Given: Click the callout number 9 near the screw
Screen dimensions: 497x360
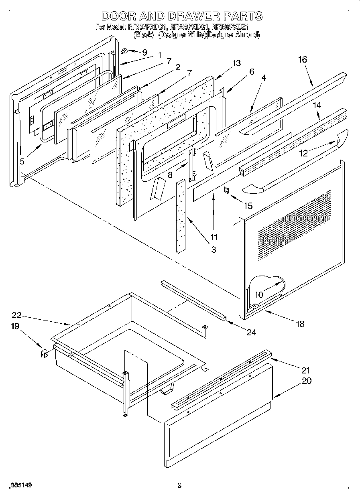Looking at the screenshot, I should pyautogui.click(x=144, y=53).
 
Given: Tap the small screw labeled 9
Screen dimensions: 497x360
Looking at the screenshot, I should pyautogui.click(x=125, y=51).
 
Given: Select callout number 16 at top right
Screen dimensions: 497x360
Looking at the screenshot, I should pyautogui.click(x=302, y=59).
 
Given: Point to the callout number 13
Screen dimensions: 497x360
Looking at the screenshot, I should pyautogui.click(x=236, y=63).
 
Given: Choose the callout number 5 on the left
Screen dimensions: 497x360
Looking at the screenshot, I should pyautogui.click(x=22, y=161).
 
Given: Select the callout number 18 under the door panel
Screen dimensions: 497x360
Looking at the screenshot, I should pyautogui.click(x=300, y=324).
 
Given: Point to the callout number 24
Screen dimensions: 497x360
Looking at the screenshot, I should pyautogui.click(x=251, y=332).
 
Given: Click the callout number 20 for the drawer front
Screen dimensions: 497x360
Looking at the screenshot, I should pyautogui.click(x=306, y=381).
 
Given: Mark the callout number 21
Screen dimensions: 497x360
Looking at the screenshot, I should pyautogui.click(x=306, y=370).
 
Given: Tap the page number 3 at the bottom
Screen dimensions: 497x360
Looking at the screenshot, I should pyautogui.click(x=179, y=486).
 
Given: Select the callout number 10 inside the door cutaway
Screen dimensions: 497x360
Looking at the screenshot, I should pyautogui.click(x=258, y=295).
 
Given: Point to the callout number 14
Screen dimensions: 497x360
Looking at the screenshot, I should pyautogui.click(x=317, y=105).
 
